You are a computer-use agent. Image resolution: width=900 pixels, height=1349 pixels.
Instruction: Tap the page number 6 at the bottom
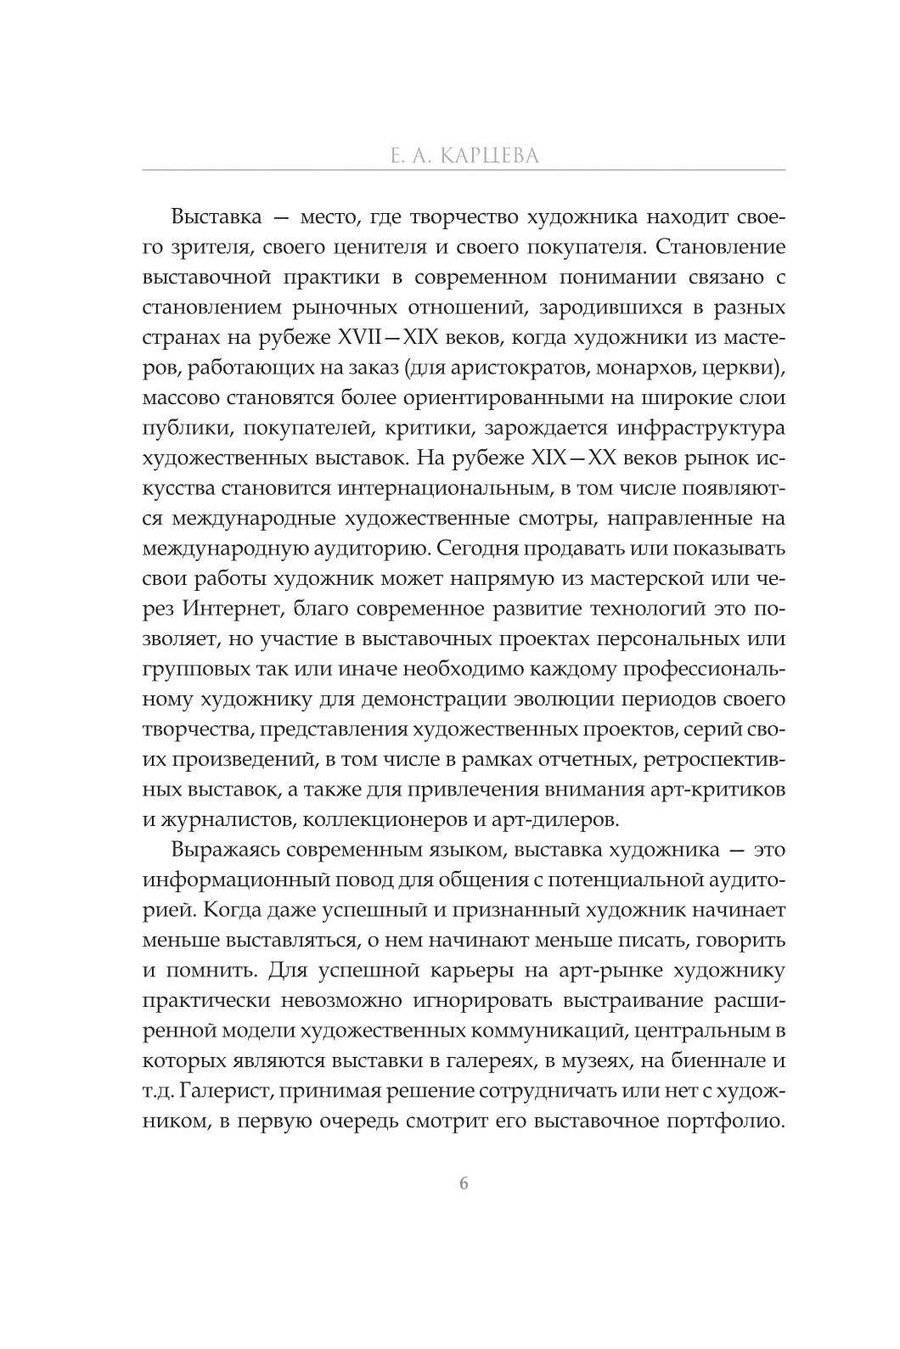pos(463,1184)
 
